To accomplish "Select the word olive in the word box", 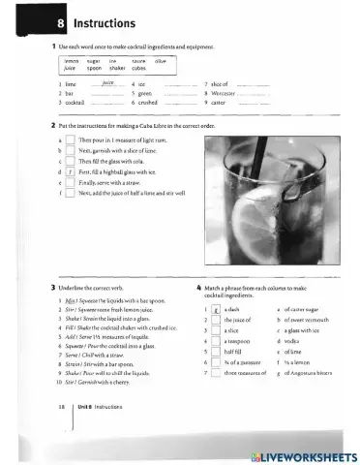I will click(161, 61).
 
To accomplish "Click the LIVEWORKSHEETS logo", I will click(302, 454).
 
